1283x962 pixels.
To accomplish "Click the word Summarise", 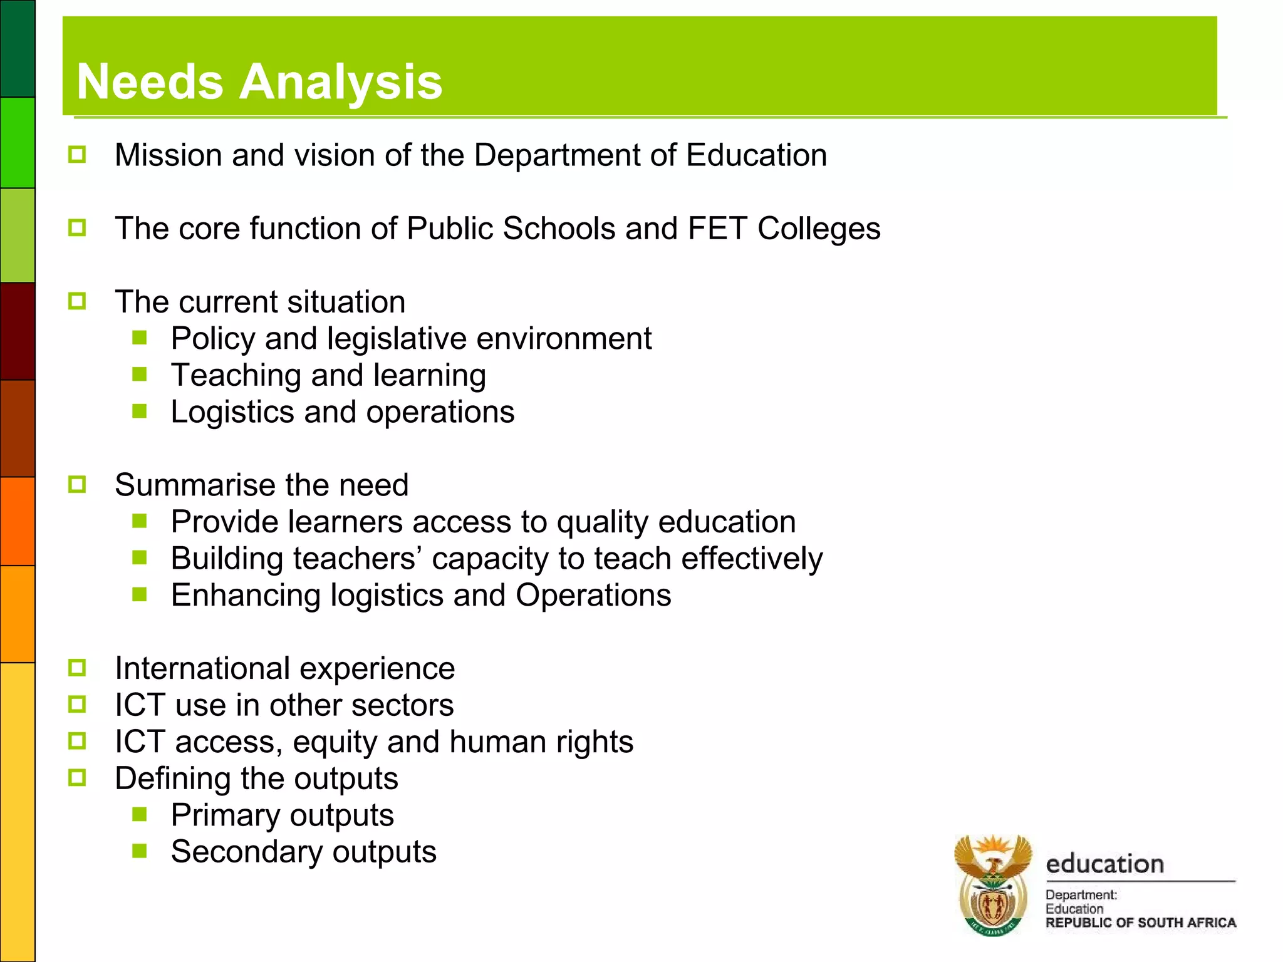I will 196,485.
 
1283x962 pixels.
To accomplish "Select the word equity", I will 335,742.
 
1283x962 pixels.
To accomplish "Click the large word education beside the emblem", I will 1104,864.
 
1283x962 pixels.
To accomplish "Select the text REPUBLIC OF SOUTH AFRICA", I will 1140,923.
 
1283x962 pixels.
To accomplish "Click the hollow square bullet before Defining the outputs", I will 77,778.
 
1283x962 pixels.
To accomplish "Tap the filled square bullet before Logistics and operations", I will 140,411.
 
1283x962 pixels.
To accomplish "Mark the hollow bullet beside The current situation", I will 77,301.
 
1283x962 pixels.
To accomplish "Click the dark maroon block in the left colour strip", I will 17,331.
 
